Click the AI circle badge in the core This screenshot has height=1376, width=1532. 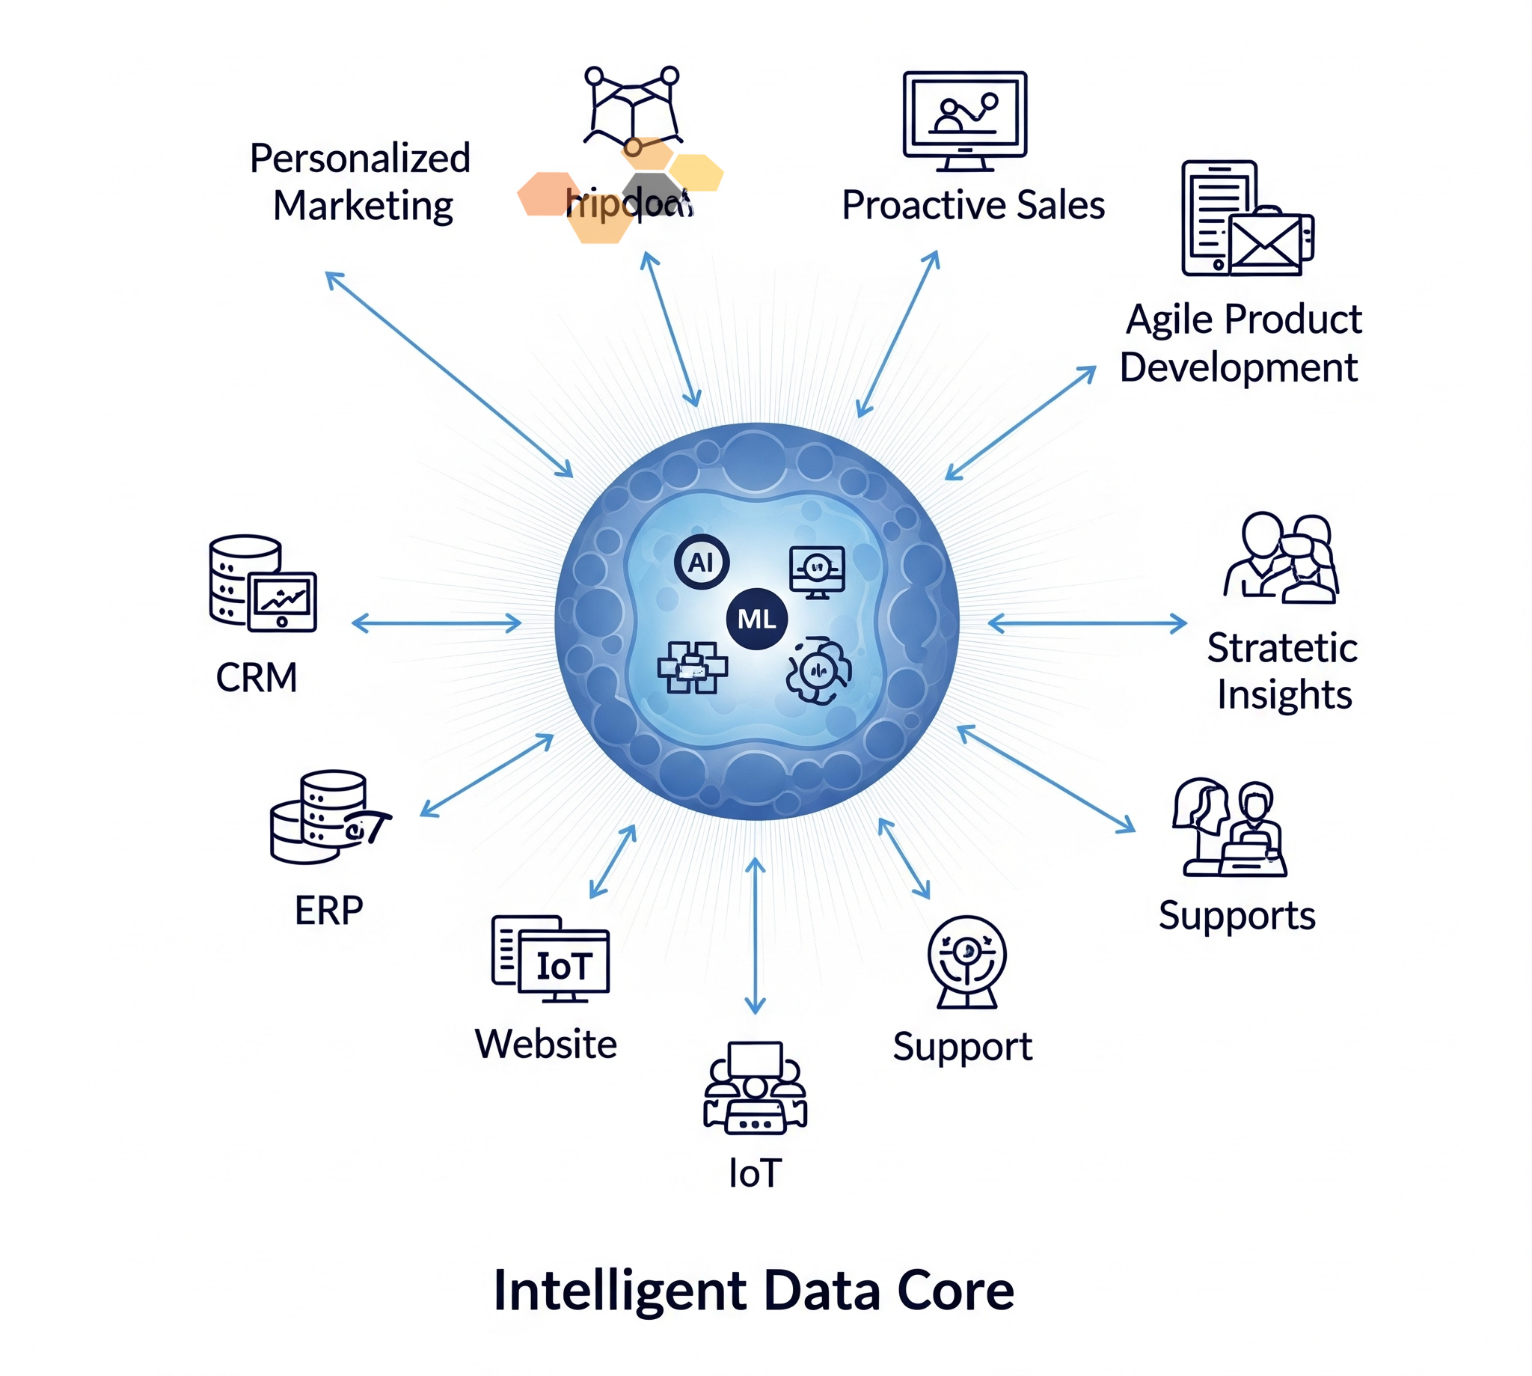pyautogui.click(x=701, y=562)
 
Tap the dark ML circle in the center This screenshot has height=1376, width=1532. pyautogui.click(x=756, y=619)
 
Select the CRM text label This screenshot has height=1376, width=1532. pyautogui.click(x=257, y=676)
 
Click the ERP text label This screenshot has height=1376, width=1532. pyautogui.click(x=329, y=910)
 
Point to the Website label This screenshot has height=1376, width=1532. pyautogui.click(x=545, y=1044)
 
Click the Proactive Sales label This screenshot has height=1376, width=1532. pyautogui.click(x=972, y=205)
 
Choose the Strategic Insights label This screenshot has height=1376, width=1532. pyautogui.click(x=1283, y=671)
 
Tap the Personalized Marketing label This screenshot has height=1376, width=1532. pyautogui.click(x=361, y=183)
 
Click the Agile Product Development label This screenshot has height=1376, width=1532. pyautogui.click(x=1241, y=343)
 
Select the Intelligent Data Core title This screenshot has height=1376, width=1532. pyautogui.click(x=753, y=1291)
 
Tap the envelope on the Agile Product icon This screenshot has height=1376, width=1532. pyautogui.click(x=1265, y=243)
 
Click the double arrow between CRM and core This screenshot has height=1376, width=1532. pyautogui.click(x=436, y=623)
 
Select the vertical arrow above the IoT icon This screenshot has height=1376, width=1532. pyautogui.click(x=755, y=935)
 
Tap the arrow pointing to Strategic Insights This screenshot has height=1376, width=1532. pyautogui.click(x=1087, y=623)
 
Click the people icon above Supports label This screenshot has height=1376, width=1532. pyautogui.click(x=1230, y=828)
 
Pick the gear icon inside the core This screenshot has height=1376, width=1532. pyautogui.click(x=818, y=670)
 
